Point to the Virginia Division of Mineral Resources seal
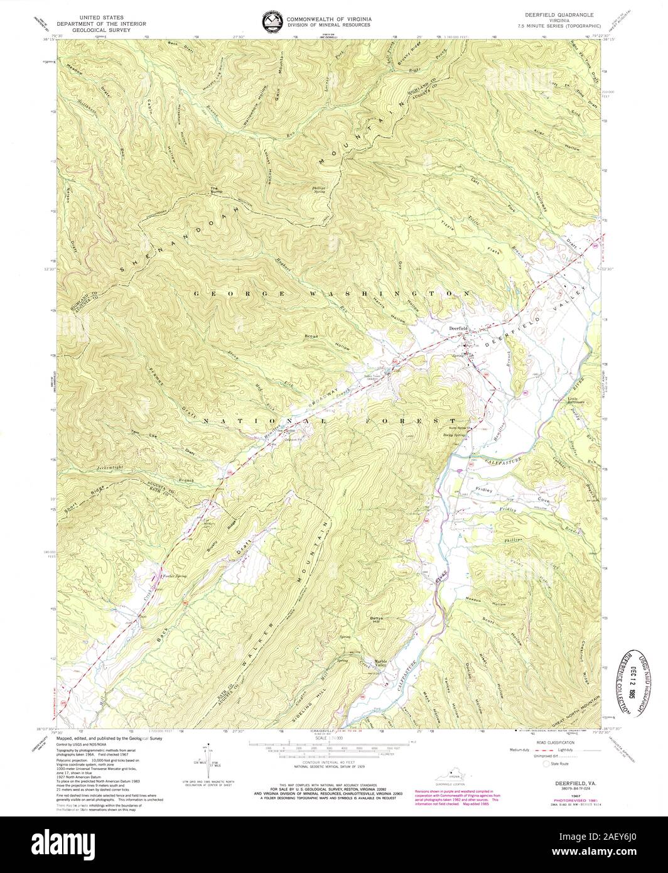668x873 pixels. [x=271, y=22]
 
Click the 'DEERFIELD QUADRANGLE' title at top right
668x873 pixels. [x=552, y=13]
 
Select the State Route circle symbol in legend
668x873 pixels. [x=545, y=764]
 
